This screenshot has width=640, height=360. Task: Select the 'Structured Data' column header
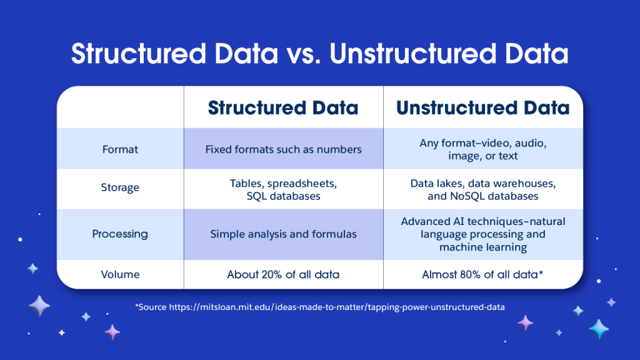tap(283, 107)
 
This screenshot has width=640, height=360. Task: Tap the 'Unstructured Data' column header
tap(483, 107)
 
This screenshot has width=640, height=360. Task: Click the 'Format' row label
tap(120, 149)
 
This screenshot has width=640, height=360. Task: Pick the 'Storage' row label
tap(120, 187)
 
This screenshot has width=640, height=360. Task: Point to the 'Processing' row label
tap(120, 234)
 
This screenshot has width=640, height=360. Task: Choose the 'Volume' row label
tap(120, 274)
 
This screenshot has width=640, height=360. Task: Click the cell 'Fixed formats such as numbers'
tap(283, 149)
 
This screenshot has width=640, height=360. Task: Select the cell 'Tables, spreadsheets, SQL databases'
tap(283, 190)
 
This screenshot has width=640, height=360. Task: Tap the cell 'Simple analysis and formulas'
tap(283, 234)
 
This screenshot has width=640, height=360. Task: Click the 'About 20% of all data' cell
tap(283, 274)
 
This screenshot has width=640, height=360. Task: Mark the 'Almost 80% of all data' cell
tap(482, 274)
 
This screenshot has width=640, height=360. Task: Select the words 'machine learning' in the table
tap(483, 247)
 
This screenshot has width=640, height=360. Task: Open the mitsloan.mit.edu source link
tap(337, 307)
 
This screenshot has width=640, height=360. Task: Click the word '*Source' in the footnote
tap(151, 307)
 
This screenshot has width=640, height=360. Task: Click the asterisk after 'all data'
tap(541, 272)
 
